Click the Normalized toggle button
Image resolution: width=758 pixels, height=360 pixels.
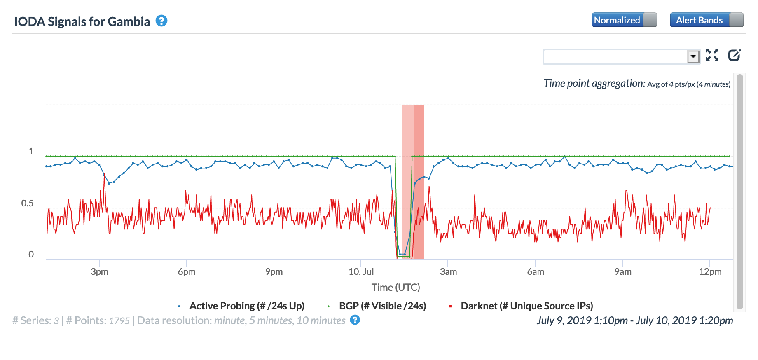624,20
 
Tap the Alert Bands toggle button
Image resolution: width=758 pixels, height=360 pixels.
706,20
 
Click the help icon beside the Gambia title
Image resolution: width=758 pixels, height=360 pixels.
161,21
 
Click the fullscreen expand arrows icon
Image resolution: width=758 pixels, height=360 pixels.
712,55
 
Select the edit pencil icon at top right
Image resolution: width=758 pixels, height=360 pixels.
734,55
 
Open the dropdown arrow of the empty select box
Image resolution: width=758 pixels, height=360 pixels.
693,56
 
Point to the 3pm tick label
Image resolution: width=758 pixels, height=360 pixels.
99,272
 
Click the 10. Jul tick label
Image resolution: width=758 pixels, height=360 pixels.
361,272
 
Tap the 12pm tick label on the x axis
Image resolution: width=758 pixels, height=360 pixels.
710,272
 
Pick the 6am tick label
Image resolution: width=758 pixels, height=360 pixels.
536,272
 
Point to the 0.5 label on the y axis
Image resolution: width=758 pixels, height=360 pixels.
28,203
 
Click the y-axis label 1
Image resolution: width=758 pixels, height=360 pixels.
31,152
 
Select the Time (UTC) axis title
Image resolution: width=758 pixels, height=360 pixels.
395,288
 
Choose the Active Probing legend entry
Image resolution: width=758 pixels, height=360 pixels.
246,306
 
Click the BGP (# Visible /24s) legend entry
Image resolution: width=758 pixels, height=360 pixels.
382,306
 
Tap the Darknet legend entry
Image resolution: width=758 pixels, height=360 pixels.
526,306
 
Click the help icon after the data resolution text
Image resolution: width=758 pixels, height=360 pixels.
355,320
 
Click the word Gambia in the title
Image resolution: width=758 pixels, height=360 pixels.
129,21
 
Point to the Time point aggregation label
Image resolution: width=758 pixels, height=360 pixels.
594,84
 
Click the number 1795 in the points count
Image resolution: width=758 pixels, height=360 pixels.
119,321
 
